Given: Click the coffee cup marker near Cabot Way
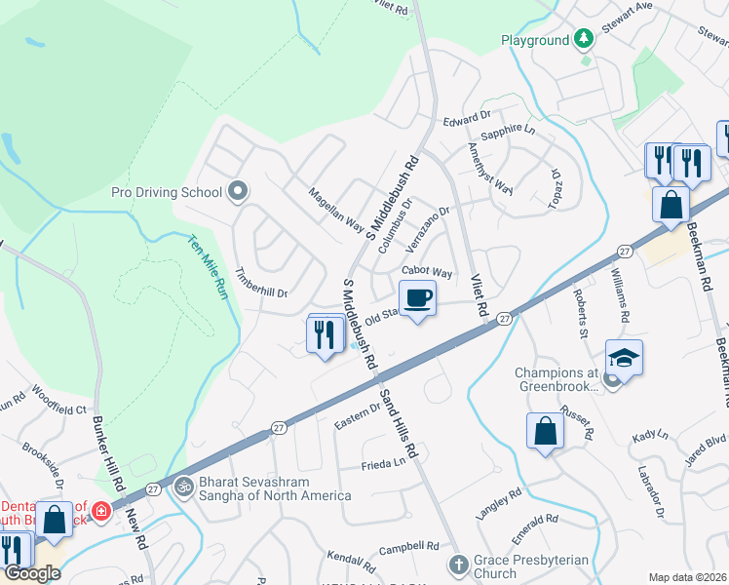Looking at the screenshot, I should [x=417, y=297].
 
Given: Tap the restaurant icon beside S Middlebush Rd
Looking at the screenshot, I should [x=324, y=334].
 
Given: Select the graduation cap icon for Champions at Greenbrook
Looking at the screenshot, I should [x=624, y=358].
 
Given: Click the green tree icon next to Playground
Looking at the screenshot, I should [x=584, y=39].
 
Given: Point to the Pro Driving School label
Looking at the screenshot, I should [x=167, y=192].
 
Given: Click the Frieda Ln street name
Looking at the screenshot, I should [x=383, y=466].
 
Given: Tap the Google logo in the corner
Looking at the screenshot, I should [x=32, y=573].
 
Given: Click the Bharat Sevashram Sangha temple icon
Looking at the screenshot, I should [x=182, y=485].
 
